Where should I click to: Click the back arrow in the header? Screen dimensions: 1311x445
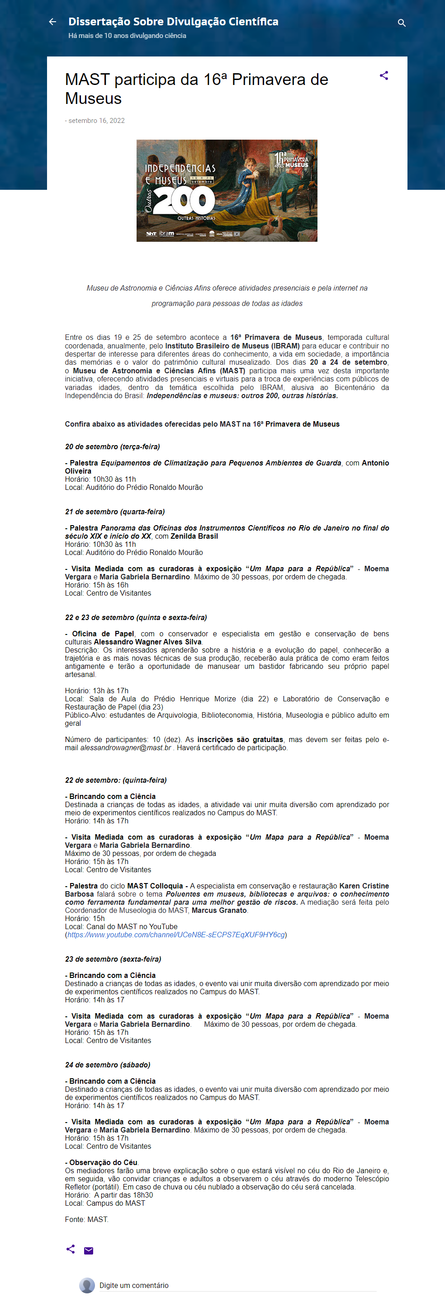coord(52,22)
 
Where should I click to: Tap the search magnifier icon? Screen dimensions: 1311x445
coord(401,23)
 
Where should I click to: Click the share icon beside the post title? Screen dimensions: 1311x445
coord(384,76)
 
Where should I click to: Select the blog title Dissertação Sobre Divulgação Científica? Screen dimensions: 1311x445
coord(173,21)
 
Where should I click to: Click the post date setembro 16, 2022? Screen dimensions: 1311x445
coord(96,121)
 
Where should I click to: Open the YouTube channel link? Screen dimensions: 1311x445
coord(176,935)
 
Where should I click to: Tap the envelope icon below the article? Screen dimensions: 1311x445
coord(89,1250)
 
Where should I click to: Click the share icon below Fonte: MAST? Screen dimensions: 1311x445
coord(71,1249)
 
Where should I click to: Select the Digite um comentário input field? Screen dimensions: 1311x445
coord(237,1285)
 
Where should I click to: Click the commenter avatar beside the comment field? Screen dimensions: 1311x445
coord(87,1285)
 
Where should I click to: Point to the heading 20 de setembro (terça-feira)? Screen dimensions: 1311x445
coord(113,446)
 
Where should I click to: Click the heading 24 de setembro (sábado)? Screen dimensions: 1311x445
coord(108,1065)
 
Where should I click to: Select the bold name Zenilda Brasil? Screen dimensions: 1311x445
coord(194,536)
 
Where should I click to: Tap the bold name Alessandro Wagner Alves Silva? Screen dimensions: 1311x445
coord(147,642)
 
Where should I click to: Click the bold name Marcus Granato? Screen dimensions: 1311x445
coord(219,910)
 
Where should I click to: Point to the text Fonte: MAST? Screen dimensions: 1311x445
coord(86,1219)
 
